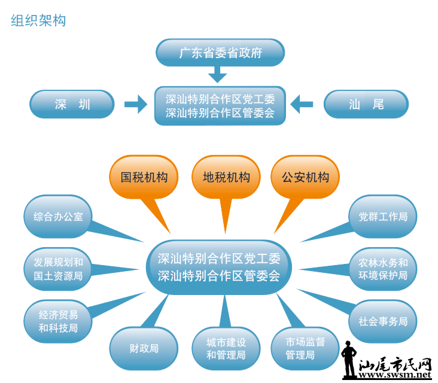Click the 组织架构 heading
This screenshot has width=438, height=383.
tap(38, 20)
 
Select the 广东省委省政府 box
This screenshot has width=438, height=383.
tap(220, 53)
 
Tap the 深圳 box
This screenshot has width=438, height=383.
tap(72, 105)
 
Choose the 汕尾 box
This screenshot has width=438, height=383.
tap(366, 105)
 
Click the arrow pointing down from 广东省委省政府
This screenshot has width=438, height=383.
tap(218, 75)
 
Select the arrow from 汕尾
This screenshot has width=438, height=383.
tap(302, 104)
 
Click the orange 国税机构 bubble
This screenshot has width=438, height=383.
tap(144, 178)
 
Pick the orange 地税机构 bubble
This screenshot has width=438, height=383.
tap(226, 178)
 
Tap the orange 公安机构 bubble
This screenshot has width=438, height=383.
tap(305, 178)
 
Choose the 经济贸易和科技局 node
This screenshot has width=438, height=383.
tap(58, 321)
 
